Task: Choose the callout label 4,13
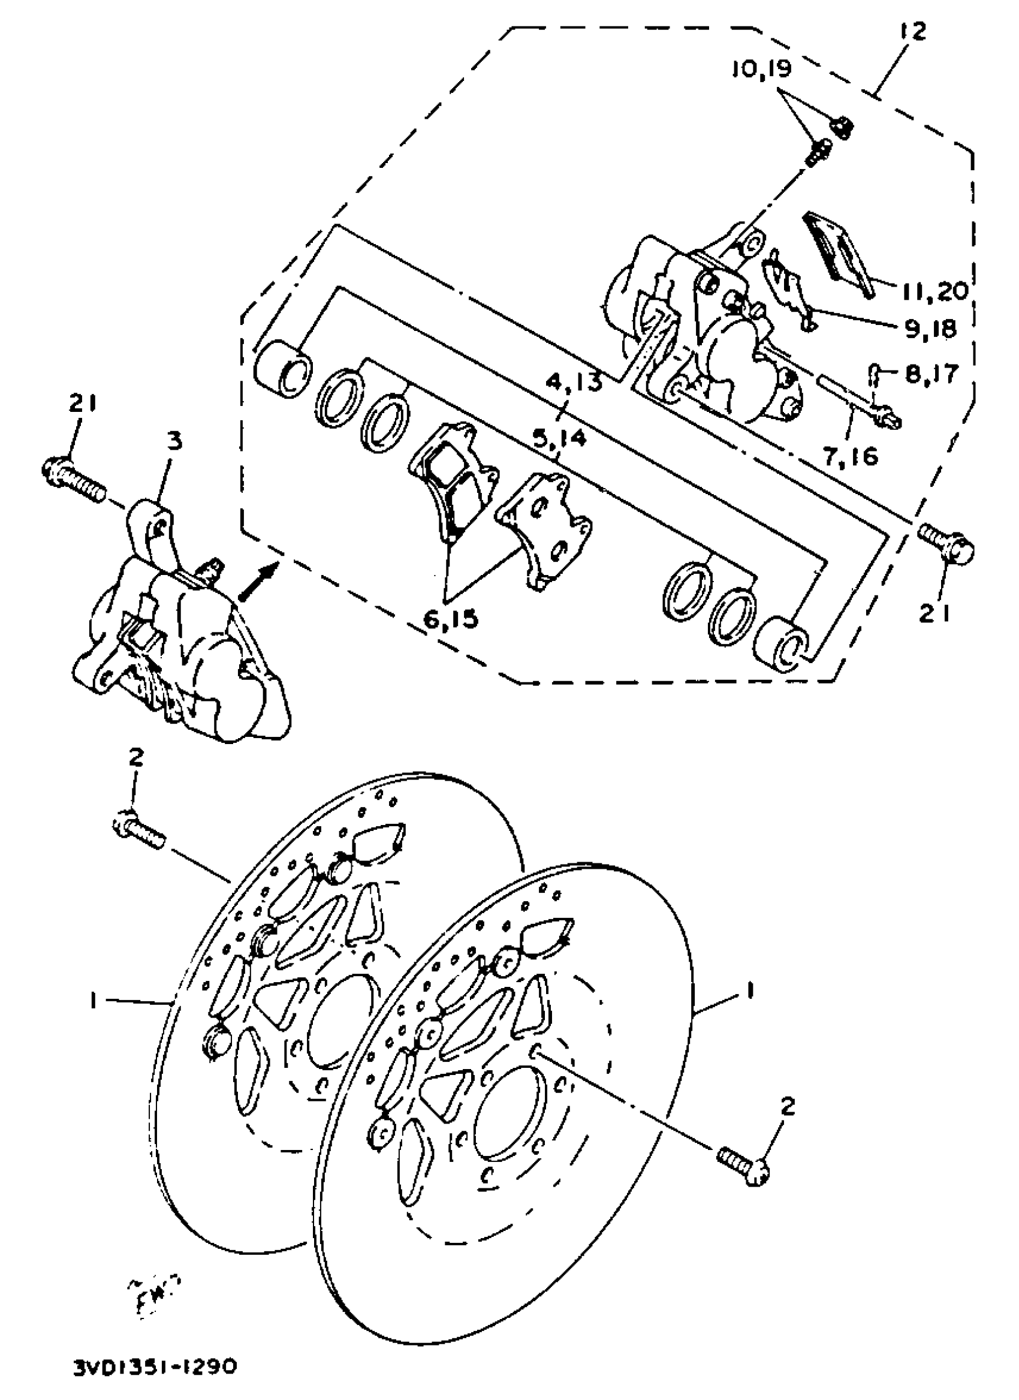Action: [x=574, y=383]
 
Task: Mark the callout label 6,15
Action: [x=451, y=618]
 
